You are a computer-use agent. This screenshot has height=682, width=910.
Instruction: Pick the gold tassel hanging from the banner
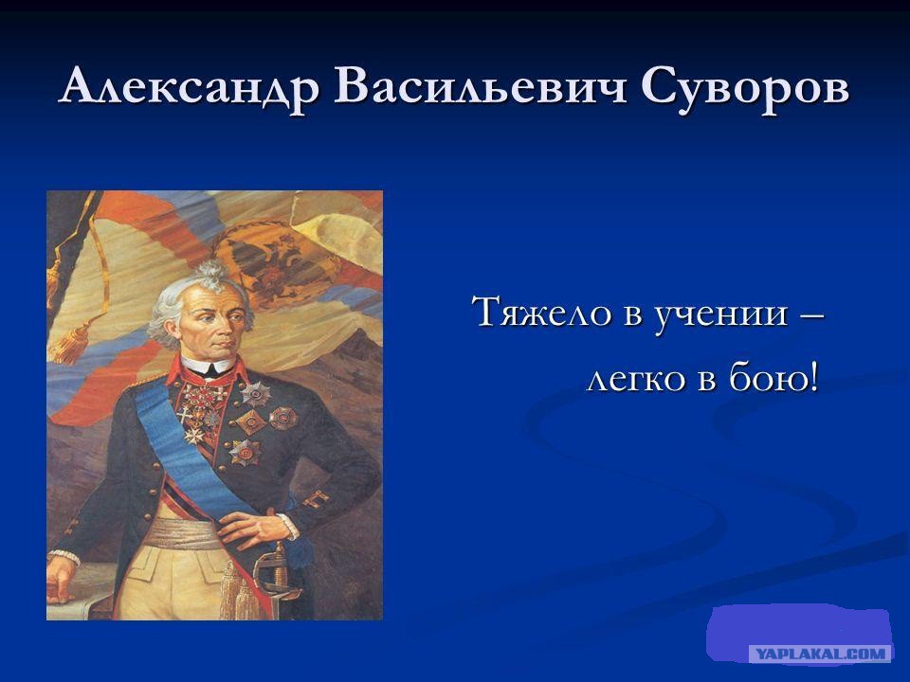[69, 342]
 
